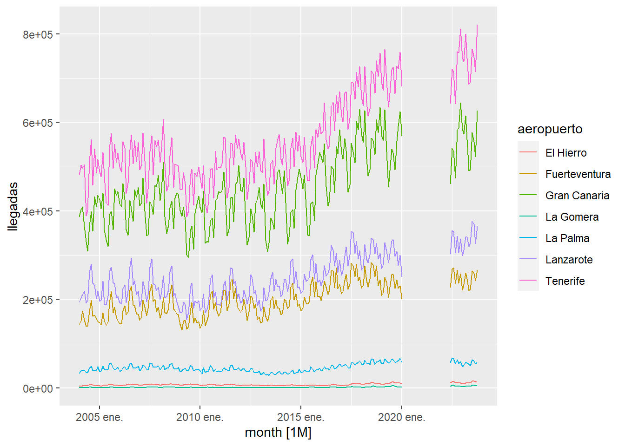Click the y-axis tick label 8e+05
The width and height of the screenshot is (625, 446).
38,35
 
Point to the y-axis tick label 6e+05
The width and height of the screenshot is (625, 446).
38,123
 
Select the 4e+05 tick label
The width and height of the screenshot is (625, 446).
38,212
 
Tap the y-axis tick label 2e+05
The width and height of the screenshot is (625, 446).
38,300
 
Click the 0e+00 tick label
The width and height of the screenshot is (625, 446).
38,389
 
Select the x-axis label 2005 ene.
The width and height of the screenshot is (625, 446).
99,417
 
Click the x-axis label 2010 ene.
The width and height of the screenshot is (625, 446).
200,417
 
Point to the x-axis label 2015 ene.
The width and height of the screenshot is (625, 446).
300,417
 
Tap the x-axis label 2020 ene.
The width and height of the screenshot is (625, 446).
401,417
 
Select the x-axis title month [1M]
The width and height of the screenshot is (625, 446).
278,433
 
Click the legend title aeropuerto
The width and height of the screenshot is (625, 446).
550,129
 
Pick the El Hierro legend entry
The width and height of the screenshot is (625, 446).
566,153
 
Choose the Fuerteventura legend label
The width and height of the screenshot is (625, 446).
578,174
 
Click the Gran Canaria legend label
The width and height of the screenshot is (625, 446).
577,196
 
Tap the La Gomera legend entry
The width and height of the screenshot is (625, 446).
572,217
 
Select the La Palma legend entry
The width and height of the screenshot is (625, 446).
567,238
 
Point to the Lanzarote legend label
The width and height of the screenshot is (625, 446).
569,260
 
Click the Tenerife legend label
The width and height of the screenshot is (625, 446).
565,281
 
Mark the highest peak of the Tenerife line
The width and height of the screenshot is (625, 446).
477,25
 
